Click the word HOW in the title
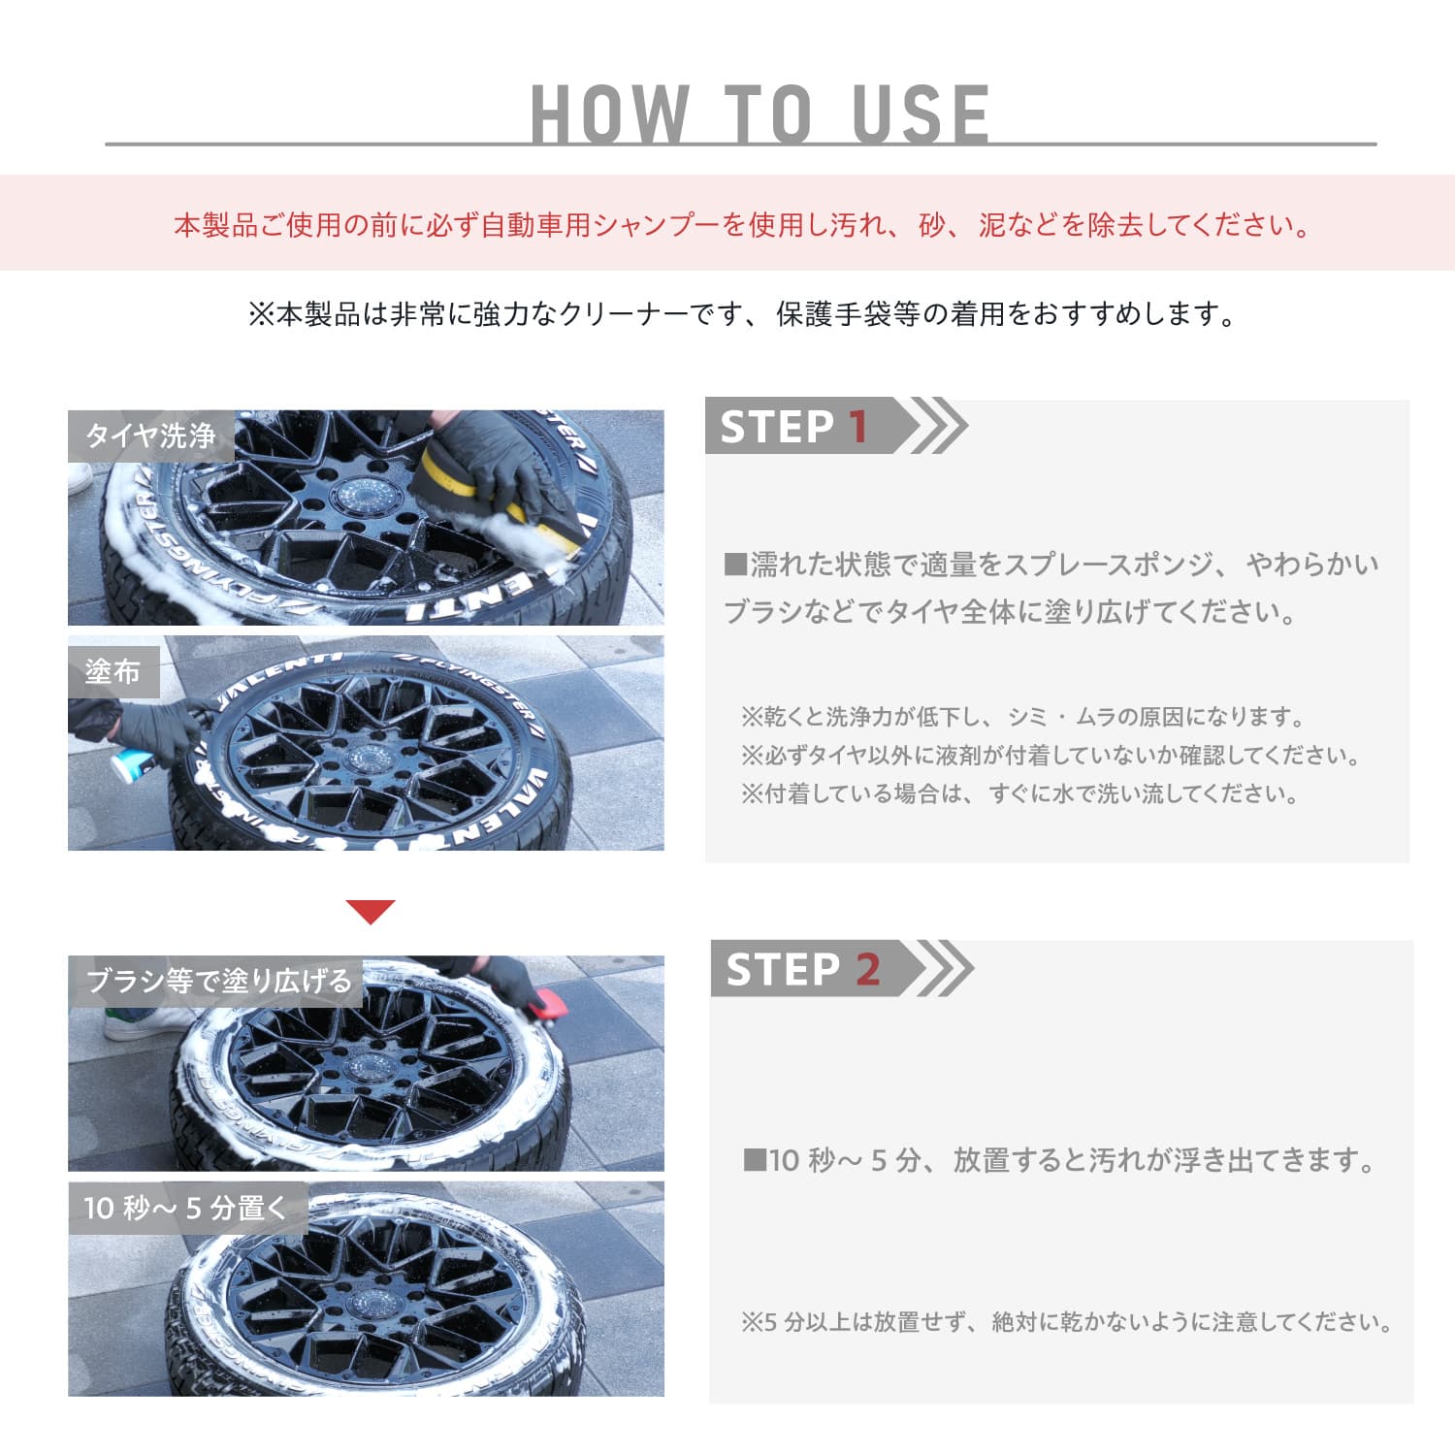(610, 114)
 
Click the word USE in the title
(921, 114)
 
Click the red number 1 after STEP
(857, 427)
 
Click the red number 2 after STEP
(867, 969)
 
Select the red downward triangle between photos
(371, 911)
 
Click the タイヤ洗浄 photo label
(150, 436)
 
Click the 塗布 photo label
(113, 671)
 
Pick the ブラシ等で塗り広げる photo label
(217, 981)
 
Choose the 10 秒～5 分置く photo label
(186, 1208)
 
